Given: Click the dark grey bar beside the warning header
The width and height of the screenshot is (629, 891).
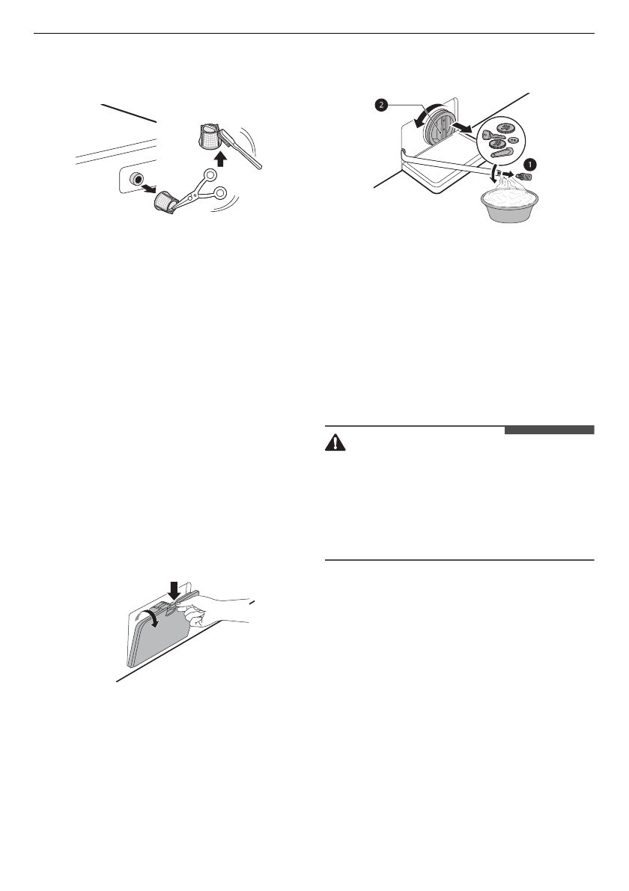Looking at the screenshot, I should coord(549,431).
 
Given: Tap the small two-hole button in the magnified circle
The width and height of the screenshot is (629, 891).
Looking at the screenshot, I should coord(513,140).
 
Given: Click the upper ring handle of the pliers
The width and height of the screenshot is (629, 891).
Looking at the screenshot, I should coord(212,175).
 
